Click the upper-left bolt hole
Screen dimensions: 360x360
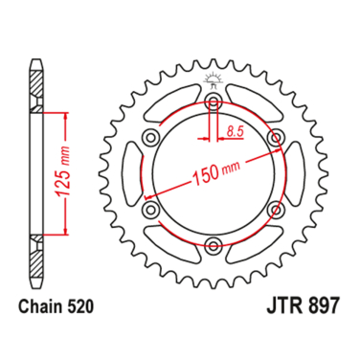click(x=150, y=138)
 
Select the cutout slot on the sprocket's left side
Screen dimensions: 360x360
click(x=134, y=173)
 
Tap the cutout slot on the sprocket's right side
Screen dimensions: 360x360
click(x=291, y=173)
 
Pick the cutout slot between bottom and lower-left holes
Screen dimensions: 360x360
click(x=173, y=241)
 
